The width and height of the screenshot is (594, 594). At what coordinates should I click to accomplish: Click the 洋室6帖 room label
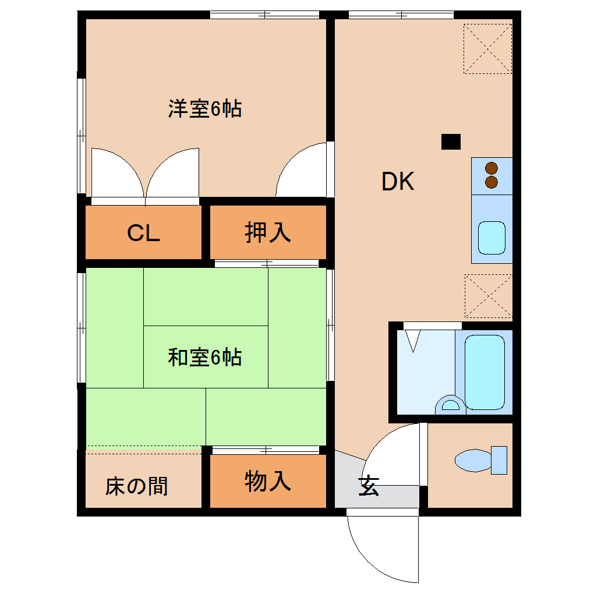(x=205, y=109)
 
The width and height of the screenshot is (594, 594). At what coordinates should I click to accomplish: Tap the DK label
(x=398, y=182)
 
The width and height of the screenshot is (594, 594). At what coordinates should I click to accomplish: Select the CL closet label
(x=143, y=233)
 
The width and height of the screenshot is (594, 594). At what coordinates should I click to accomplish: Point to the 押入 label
(x=267, y=232)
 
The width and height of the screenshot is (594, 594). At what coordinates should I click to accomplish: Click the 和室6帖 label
(x=205, y=357)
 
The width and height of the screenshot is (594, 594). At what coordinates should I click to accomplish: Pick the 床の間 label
(x=137, y=486)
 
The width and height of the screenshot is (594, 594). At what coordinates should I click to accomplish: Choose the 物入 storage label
(x=267, y=482)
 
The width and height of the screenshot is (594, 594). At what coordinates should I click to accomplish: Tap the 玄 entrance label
(x=369, y=486)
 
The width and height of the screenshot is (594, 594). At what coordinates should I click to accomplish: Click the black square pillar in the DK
(x=451, y=142)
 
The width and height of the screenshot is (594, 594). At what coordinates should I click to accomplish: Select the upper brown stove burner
(x=492, y=168)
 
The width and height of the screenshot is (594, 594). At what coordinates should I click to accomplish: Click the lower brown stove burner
(x=492, y=182)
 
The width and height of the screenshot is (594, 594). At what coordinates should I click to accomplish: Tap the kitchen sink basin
(x=492, y=238)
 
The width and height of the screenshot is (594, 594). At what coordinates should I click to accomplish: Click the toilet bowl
(x=472, y=460)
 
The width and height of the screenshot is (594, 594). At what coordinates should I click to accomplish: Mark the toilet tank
(x=499, y=460)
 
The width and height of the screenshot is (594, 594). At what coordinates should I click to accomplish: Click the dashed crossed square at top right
(x=487, y=48)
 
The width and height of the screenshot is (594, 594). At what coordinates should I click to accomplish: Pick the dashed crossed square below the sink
(x=488, y=296)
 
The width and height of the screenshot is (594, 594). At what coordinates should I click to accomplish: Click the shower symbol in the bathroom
(x=413, y=341)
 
